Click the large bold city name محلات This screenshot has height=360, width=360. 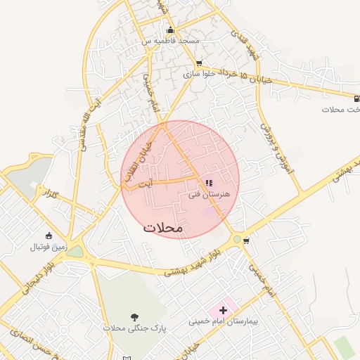coord(163,228)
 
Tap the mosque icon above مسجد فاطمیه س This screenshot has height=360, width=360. coord(169,30)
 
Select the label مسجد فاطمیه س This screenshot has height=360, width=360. coord(170,41)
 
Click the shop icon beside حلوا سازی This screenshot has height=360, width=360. coord(199,63)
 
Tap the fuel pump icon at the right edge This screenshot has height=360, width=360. coord(355,98)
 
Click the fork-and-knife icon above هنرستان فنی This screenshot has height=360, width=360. coord(210,184)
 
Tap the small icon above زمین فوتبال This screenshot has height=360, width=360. coord(48,236)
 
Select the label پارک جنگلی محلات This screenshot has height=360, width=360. coord(123,328)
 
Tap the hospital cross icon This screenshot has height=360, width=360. coord(224,309)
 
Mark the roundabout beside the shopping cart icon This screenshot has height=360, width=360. coord(237,240)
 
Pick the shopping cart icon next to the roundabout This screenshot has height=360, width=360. coord(246,240)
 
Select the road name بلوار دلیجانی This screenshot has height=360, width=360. coord(26,276)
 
